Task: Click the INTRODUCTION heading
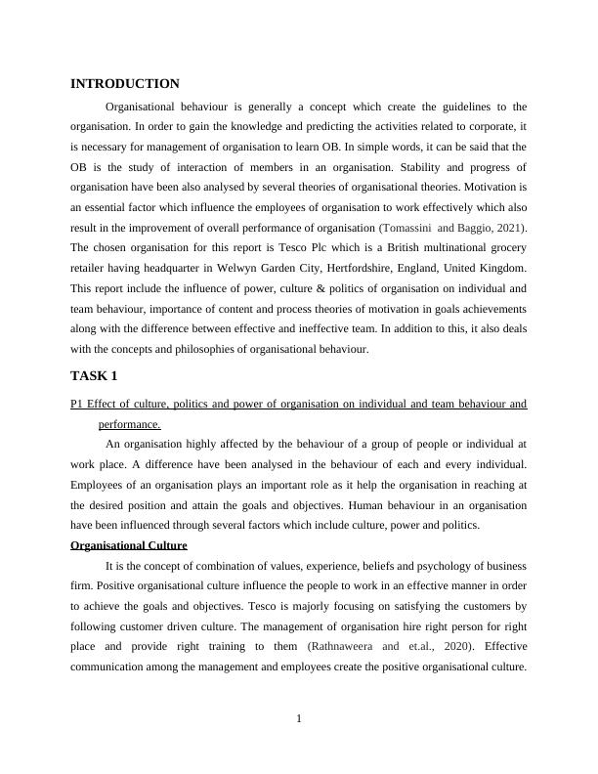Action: pos(125,84)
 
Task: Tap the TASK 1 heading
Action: pos(96,375)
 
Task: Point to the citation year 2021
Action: pos(507,228)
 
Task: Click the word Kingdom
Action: pos(502,268)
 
